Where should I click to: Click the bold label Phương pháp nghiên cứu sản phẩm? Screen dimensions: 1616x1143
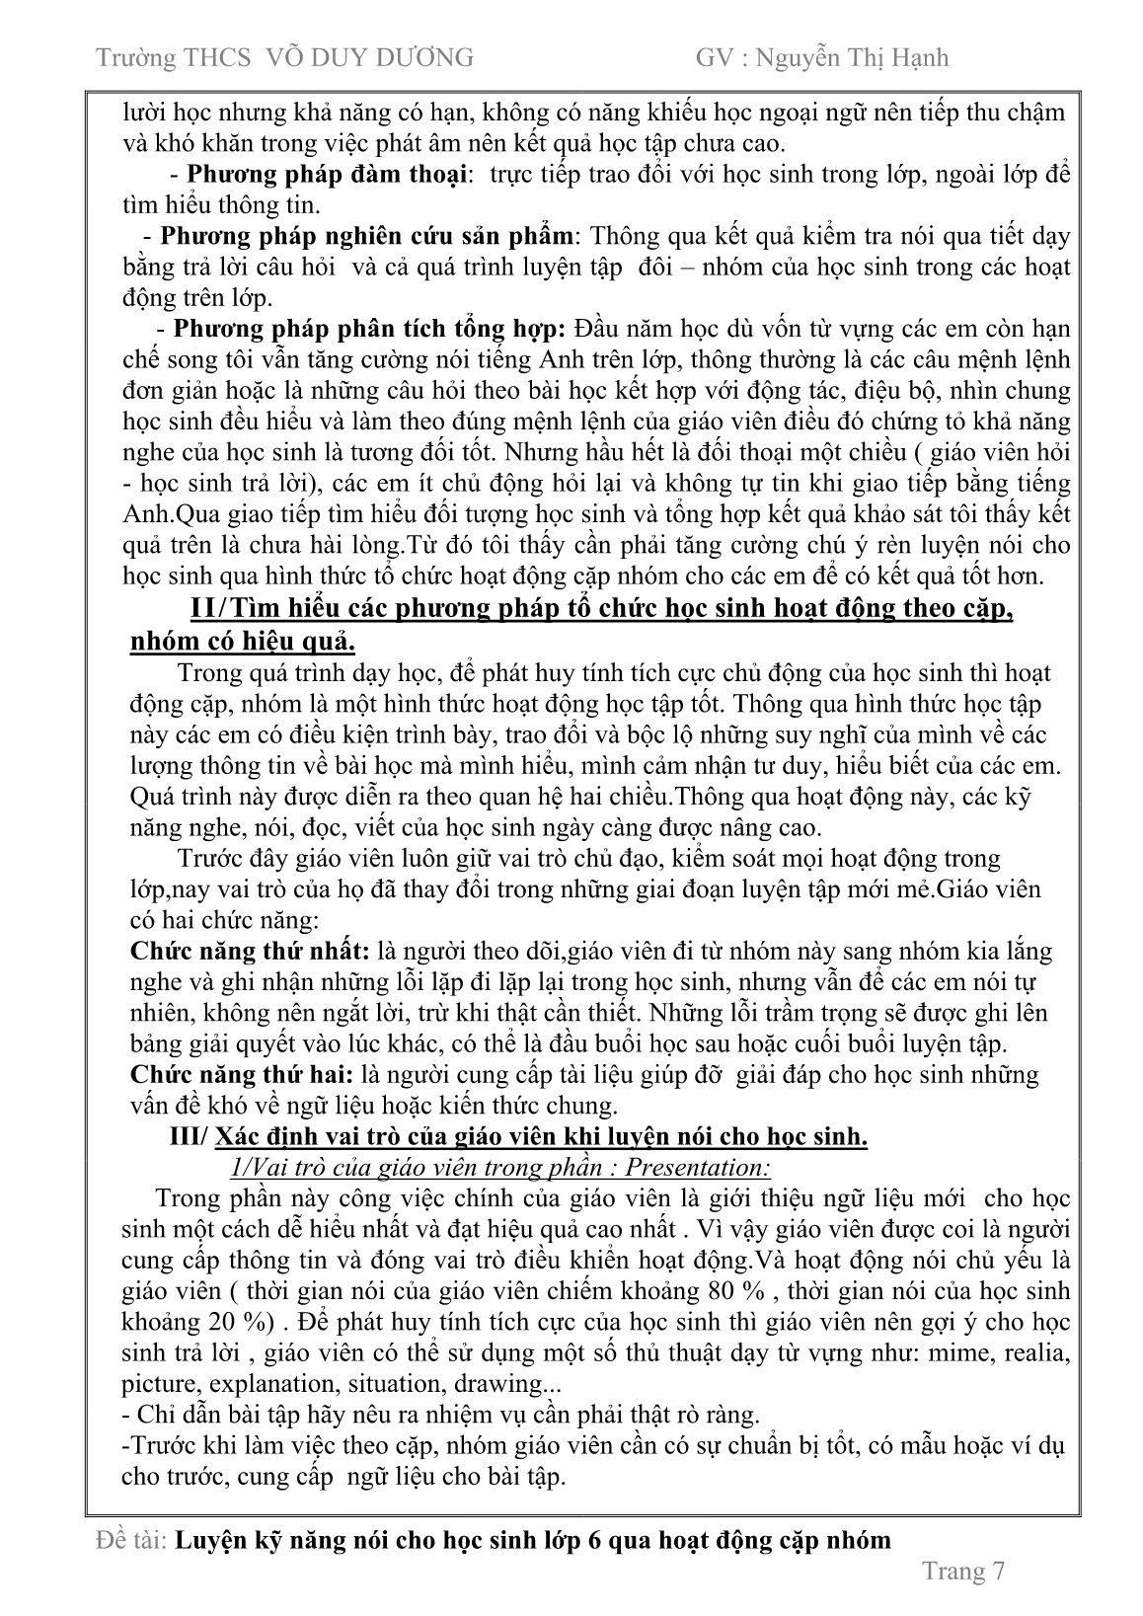pyautogui.click(x=366, y=237)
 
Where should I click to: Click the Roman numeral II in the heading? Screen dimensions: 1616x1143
pyautogui.click(x=201, y=609)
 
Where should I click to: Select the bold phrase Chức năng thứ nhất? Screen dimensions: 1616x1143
pyautogui.click(x=251, y=952)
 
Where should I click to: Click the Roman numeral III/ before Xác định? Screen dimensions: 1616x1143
pyautogui.click(x=190, y=1136)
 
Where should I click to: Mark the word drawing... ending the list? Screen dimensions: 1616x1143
pyautogui.click(x=498, y=1384)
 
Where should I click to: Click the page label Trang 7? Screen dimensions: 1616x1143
pyautogui.click(x=961, y=1572)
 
